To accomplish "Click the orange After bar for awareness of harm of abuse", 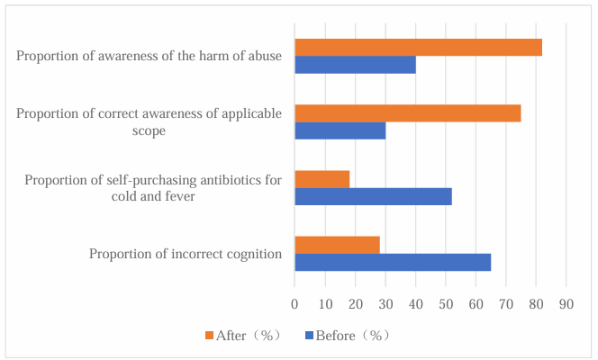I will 418,48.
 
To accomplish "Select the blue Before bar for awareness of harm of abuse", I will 355,65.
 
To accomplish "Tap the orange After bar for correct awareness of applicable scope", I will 407,112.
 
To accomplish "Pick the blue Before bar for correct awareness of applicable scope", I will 340,130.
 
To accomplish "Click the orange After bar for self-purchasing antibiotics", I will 322,179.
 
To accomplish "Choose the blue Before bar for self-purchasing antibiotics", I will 373,196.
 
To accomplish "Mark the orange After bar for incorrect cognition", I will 337,245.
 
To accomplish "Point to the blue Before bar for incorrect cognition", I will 393,262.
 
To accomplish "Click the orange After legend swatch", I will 210,336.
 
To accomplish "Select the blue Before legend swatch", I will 310,336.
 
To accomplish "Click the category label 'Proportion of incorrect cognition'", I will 186,254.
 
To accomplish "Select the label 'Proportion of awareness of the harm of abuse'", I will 149,57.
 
